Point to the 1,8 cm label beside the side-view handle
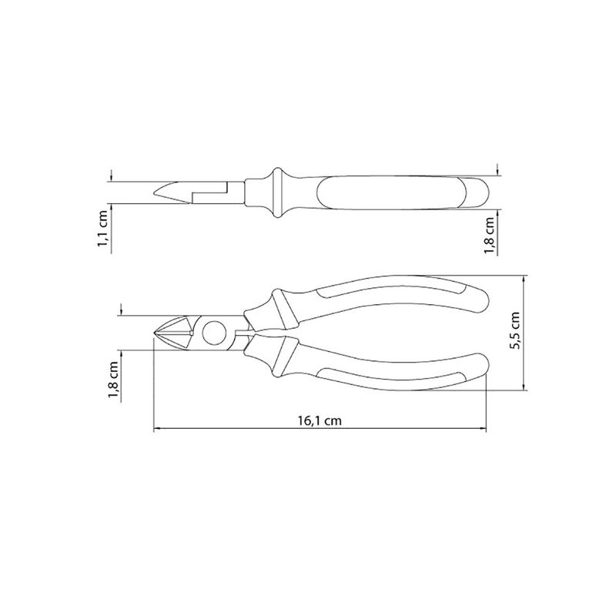tap(490, 236)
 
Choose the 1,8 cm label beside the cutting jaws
tap(114, 380)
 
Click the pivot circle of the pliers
tap(215, 333)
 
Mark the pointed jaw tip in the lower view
tap(155, 333)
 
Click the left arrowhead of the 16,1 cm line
tap(156, 430)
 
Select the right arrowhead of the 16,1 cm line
tap(484, 430)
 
